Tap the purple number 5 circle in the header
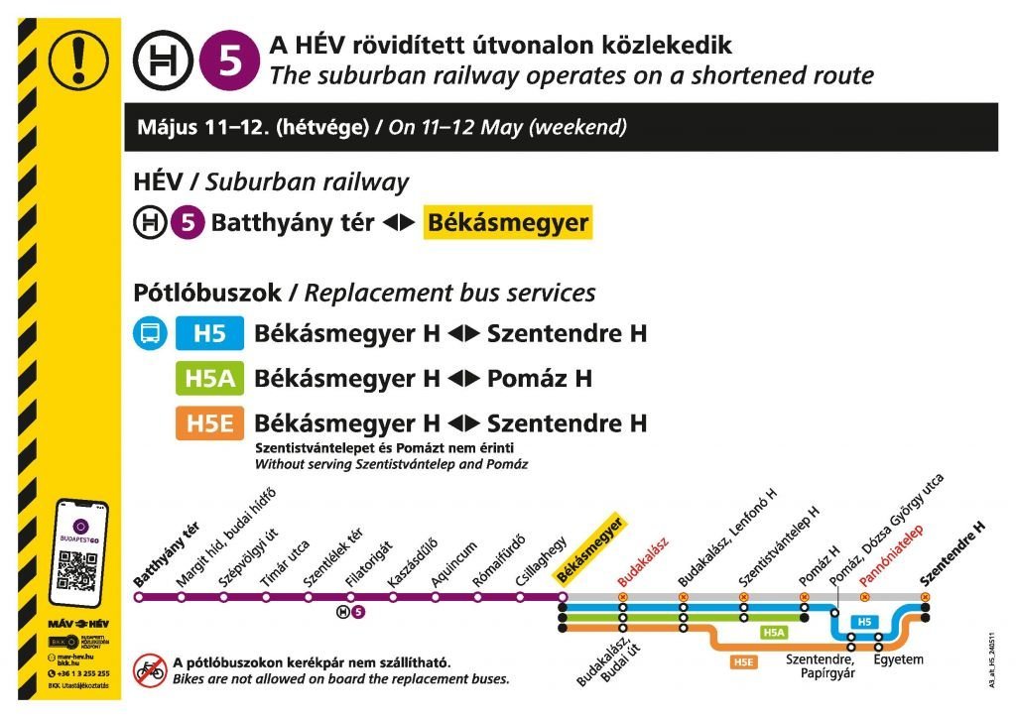[228, 60]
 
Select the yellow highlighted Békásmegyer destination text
[507, 222]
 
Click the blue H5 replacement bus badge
[209, 334]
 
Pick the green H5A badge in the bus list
[209, 379]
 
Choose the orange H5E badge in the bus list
[209, 423]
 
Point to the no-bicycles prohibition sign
[151, 669]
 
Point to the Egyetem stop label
[898, 659]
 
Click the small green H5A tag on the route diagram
[774, 632]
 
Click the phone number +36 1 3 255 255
[84, 673]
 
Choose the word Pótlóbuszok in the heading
[205, 294]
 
